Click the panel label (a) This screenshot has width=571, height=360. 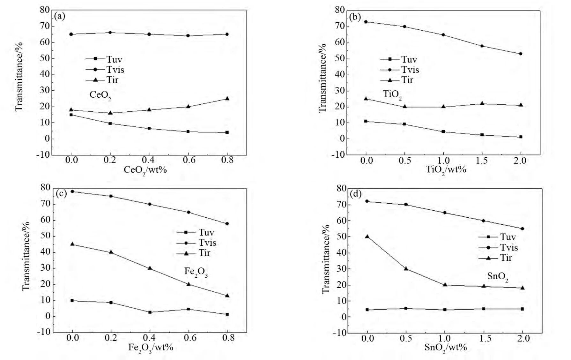[60, 16]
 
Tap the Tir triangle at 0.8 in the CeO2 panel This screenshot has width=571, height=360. [227, 99]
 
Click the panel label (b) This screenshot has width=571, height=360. [355, 17]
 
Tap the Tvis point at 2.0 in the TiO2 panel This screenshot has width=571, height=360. [521, 54]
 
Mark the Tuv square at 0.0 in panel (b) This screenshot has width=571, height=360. [366, 121]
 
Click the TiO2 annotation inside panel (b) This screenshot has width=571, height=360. [392, 94]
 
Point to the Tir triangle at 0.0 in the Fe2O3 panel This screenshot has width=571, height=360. [72, 244]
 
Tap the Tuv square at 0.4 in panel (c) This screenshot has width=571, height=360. [150, 312]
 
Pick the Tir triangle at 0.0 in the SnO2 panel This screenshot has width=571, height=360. [367, 236]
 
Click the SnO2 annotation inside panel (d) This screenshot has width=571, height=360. [498, 277]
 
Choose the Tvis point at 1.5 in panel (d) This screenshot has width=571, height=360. [484, 221]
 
